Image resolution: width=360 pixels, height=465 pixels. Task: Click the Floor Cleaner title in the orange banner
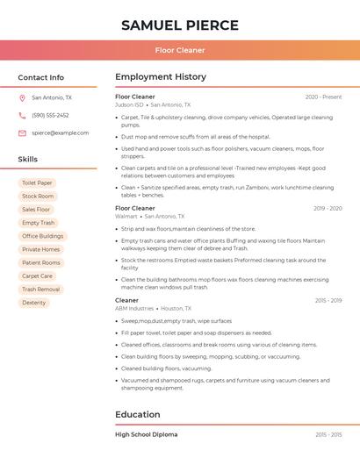[180, 50]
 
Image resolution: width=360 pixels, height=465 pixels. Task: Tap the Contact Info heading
[41, 77]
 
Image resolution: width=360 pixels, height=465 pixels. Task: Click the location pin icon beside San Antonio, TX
[22, 98]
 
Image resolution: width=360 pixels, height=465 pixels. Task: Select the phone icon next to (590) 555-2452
[22, 116]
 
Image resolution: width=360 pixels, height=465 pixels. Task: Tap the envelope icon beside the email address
[22, 133]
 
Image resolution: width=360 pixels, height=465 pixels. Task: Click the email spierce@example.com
[60, 133]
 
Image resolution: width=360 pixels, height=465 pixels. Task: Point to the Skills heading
[28, 160]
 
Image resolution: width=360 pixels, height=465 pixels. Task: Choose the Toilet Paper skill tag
[37, 183]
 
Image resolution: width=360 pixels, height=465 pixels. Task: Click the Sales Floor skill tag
[36, 210]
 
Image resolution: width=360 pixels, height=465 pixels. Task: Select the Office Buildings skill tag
[42, 236]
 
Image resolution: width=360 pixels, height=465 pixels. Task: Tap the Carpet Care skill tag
[37, 276]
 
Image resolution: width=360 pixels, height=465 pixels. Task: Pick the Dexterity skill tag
[34, 303]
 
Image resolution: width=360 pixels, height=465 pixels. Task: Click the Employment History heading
[161, 77]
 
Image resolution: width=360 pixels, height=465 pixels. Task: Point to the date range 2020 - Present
[323, 97]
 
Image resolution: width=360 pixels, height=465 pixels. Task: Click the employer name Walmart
[126, 216]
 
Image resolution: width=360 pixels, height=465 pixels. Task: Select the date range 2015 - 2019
[328, 301]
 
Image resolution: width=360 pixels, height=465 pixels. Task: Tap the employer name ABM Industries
[134, 309]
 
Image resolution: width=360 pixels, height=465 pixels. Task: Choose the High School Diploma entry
[146, 434]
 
